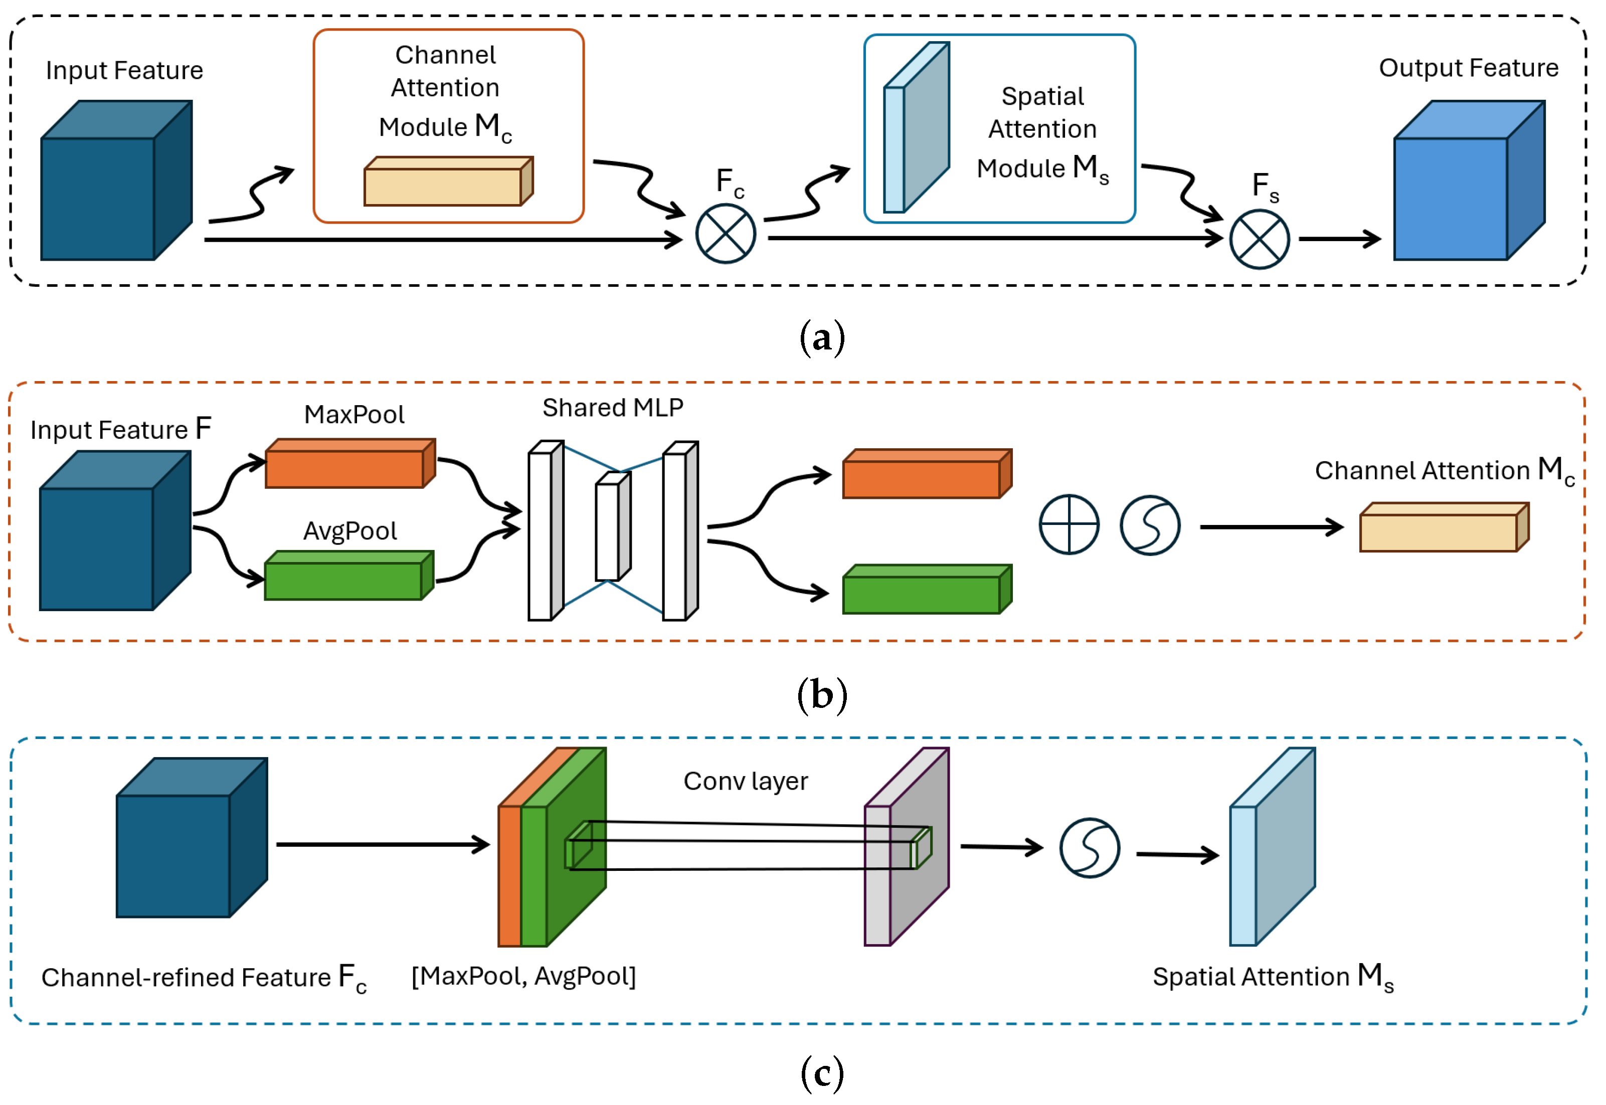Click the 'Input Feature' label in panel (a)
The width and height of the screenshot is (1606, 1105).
click(x=125, y=71)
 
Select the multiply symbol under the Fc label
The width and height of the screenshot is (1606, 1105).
click(x=726, y=234)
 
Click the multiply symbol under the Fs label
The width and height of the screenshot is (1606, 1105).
click(x=1259, y=240)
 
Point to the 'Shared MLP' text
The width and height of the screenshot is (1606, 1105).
click(x=613, y=408)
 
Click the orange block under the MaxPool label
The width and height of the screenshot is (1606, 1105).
click(x=346, y=467)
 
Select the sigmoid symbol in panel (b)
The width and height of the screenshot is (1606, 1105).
click(x=1150, y=525)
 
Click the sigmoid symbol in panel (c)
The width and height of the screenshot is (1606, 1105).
click(x=1090, y=848)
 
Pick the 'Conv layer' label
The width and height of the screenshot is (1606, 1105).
click(x=746, y=781)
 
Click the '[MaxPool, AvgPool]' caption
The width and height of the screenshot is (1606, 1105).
click(x=523, y=976)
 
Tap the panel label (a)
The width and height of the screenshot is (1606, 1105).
click(x=822, y=338)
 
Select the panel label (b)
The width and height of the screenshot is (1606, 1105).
click(x=822, y=694)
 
